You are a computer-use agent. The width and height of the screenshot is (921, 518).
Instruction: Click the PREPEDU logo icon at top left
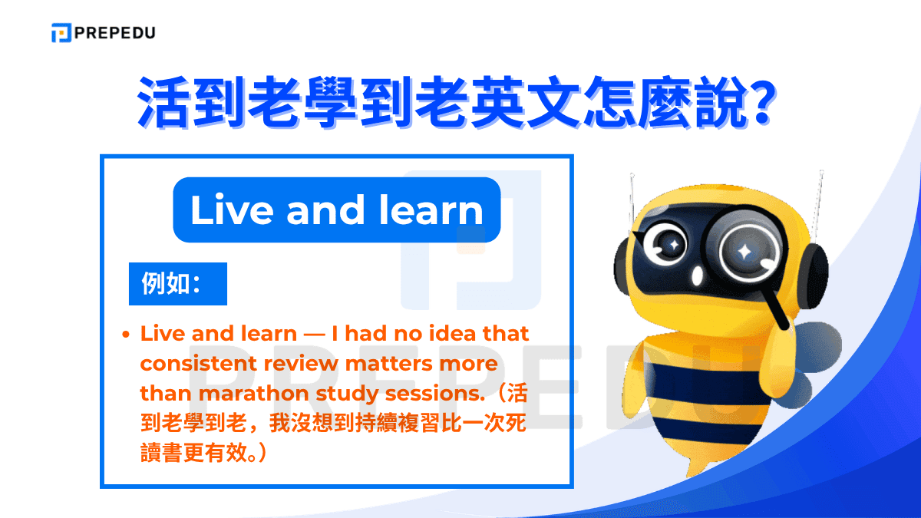[61, 33]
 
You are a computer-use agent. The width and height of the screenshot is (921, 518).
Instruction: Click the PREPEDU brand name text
[115, 33]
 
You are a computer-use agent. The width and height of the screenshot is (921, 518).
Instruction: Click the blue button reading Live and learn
[336, 210]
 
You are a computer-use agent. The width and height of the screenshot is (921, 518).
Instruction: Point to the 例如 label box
[177, 284]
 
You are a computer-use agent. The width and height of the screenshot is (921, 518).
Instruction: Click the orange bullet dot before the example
[126, 335]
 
